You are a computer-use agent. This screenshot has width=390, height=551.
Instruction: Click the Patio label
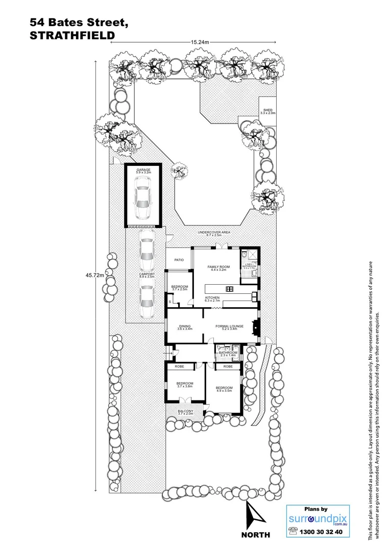[179, 260]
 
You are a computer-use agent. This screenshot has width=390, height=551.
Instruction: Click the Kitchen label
[212, 298]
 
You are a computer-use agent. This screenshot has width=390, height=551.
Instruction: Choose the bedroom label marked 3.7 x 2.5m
[179, 288]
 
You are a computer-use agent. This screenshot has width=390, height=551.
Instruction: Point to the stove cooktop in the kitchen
[229, 289]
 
